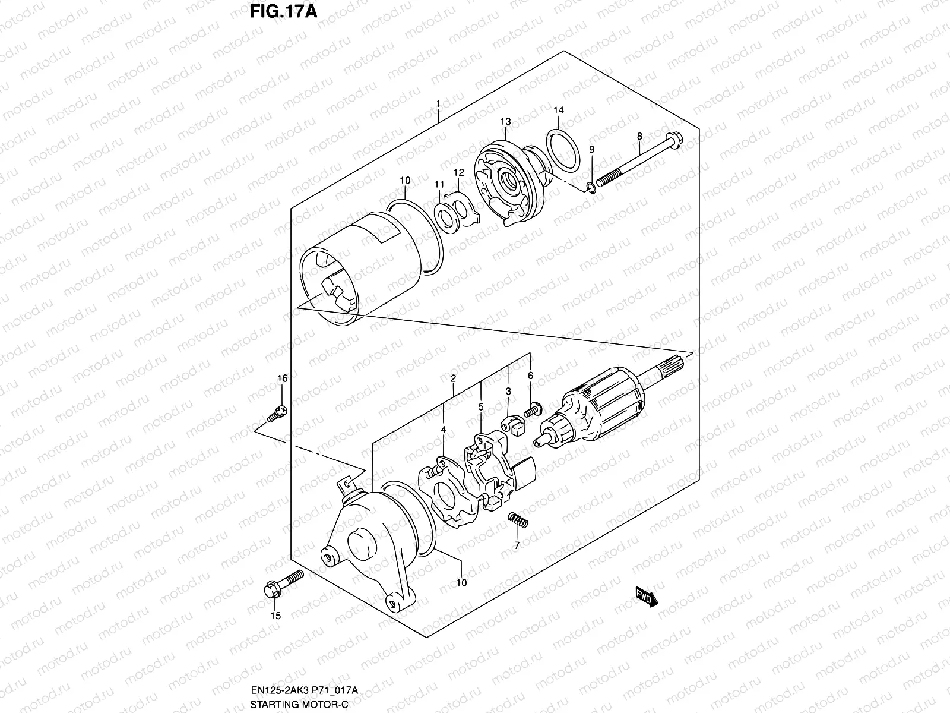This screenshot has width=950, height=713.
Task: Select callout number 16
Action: (282, 378)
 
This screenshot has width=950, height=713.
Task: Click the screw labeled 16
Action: (277, 412)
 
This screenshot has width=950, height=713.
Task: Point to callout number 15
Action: (275, 616)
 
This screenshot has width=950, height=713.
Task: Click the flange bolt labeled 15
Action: (281, 584)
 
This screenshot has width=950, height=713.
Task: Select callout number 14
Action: (559, 111)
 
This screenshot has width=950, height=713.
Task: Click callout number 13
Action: (505, 121)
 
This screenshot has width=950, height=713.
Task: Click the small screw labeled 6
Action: (533, 409)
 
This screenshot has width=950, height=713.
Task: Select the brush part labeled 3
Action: (513, 426)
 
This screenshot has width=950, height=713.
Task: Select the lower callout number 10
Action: (461, 583)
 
